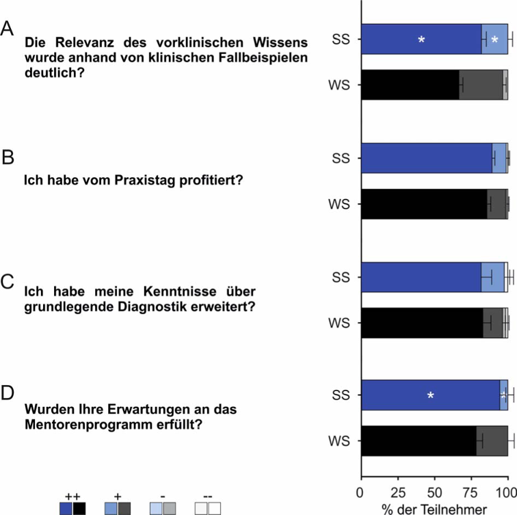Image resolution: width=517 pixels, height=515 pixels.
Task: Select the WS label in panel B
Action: [341, 204]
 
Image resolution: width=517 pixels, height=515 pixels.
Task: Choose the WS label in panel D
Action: [341, 441]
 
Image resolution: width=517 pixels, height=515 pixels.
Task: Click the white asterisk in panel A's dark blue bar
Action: [422, 40]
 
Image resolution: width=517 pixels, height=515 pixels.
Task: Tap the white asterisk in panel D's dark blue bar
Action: [430, 395]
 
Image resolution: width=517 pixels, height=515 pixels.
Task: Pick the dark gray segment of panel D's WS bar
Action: [492, 441]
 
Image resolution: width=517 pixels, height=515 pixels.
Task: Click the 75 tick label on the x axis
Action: [471, 492]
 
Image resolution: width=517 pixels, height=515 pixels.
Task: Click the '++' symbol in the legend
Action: [72, 494]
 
